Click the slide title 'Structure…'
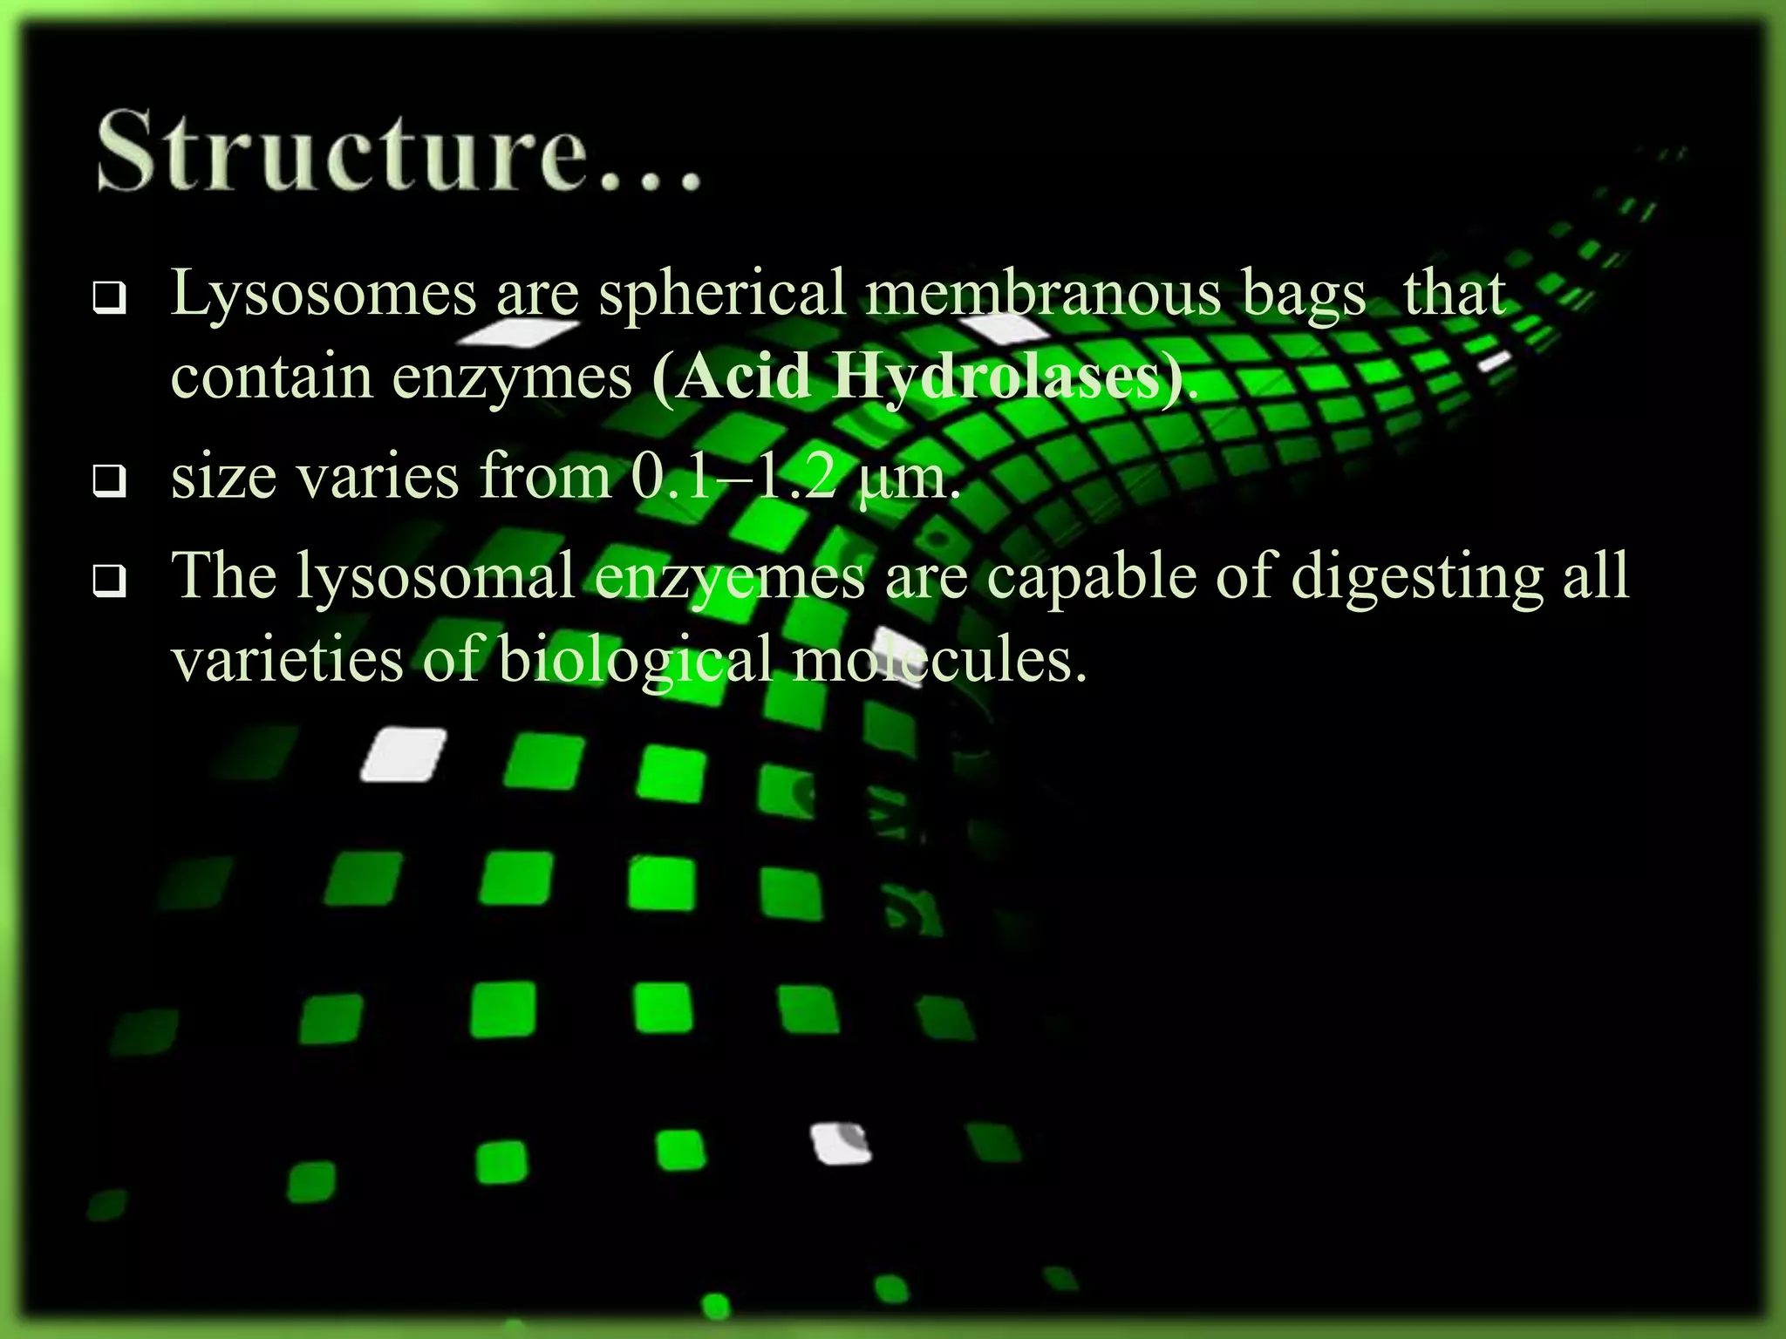[x=399, y=150]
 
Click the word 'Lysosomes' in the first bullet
[x=324, y=294]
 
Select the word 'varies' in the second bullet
[x=378, y=478]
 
